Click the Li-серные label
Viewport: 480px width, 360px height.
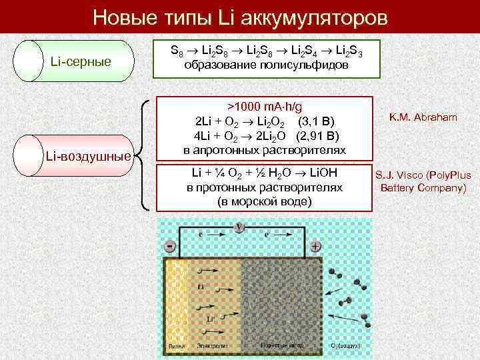(81, 62)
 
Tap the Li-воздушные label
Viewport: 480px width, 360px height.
(87, 157)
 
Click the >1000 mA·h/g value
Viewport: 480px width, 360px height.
(264, 107)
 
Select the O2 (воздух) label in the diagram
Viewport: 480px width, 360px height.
(346, 347)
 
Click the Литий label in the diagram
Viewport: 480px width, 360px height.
(175, 347)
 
